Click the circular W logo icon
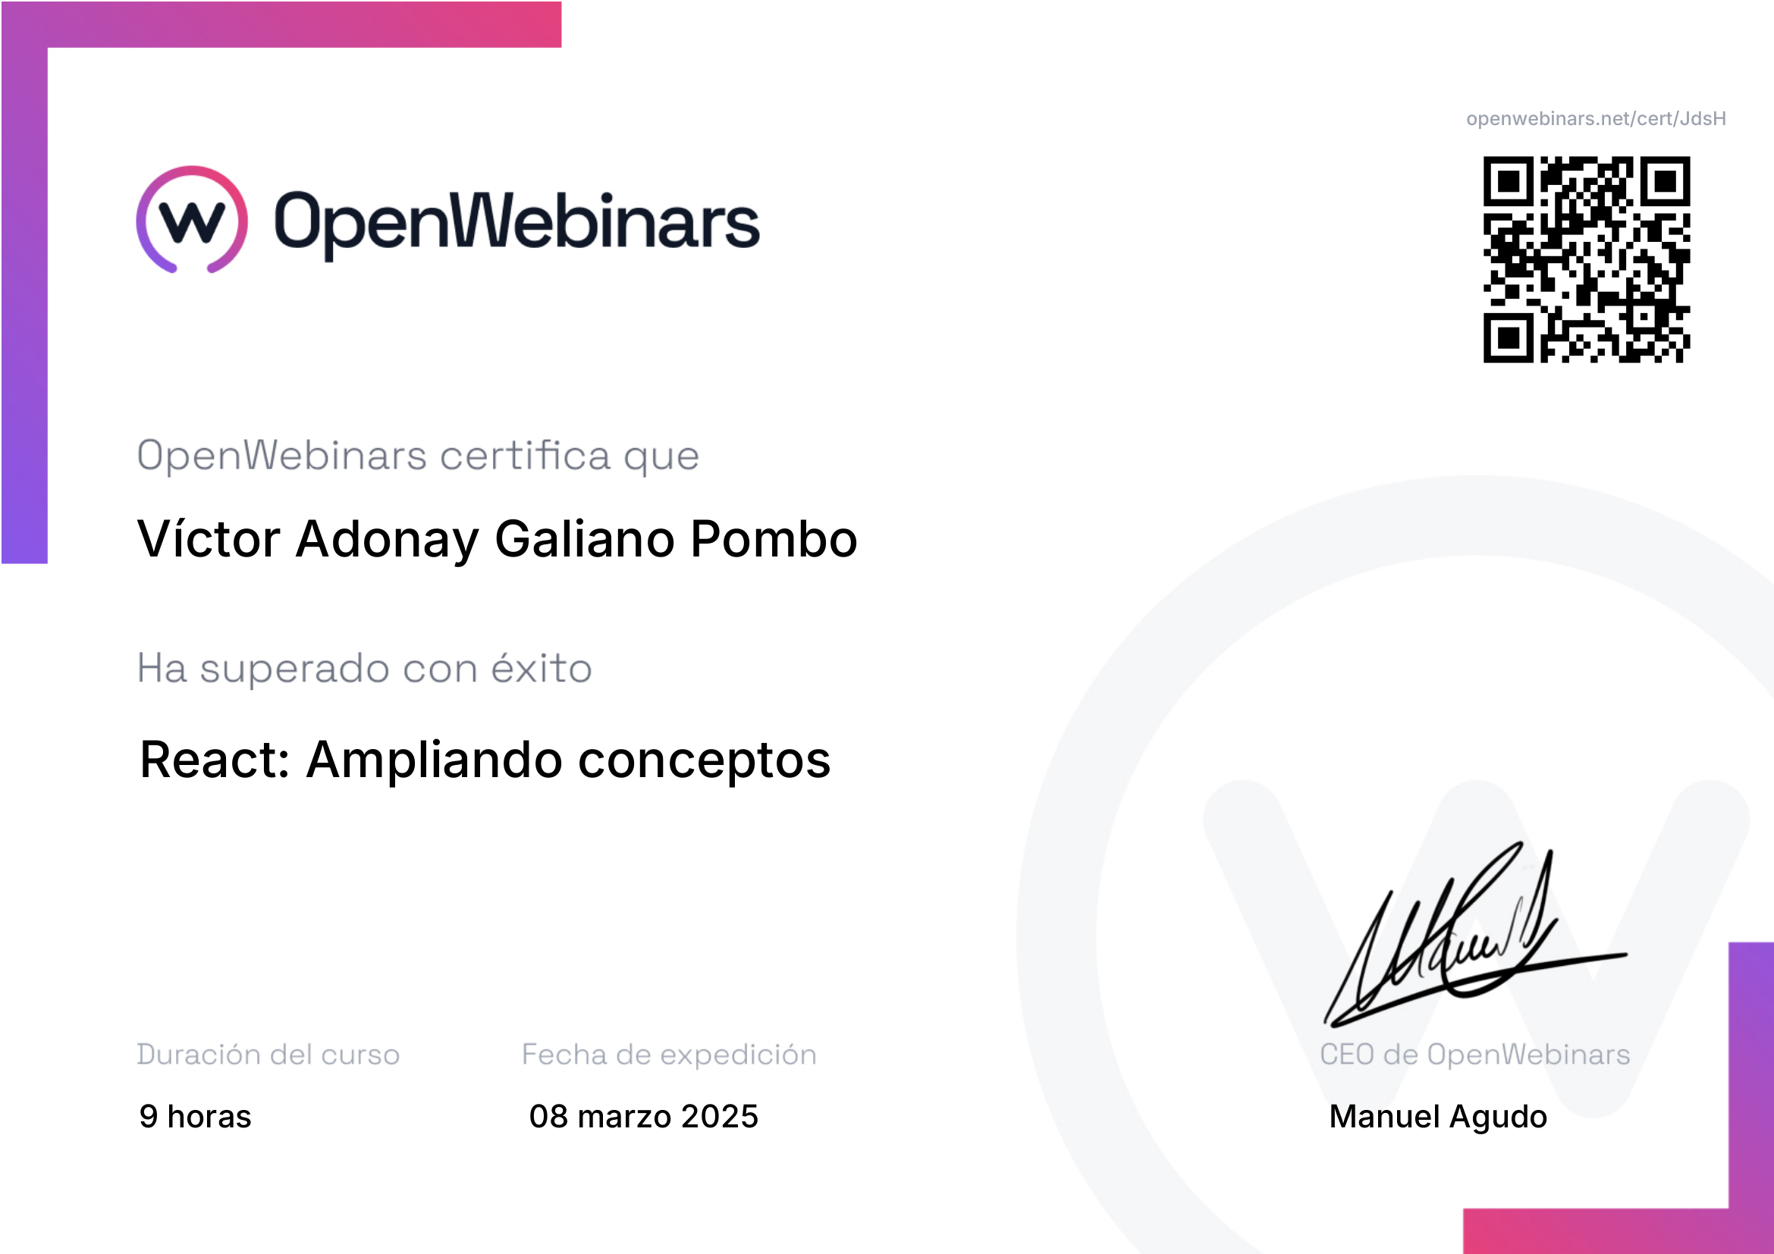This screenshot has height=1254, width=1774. pos(192,219)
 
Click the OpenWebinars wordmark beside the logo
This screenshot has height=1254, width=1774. pos(517,223)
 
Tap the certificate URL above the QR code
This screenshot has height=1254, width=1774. pos(1596,119)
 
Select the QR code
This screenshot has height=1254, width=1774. pos(1586,259)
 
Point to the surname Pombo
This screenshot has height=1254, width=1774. pos(774,538)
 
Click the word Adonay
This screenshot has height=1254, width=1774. pos(387,540)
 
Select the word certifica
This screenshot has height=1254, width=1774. pos(526,455)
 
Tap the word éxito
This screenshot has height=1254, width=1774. pos(542,667)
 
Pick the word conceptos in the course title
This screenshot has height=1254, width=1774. pos(704,761)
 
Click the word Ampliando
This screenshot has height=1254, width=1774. pos(435,761)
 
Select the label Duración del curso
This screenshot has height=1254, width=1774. pos(268,1054)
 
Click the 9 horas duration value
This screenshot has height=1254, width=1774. pos(196,1116)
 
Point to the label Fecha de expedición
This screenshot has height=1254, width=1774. pos(669,1054)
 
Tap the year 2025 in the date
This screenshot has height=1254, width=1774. pos(719,1116)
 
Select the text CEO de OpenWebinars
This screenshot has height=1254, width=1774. pos(1474,1054)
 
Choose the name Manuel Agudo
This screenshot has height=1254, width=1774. pos(1438,1117)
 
